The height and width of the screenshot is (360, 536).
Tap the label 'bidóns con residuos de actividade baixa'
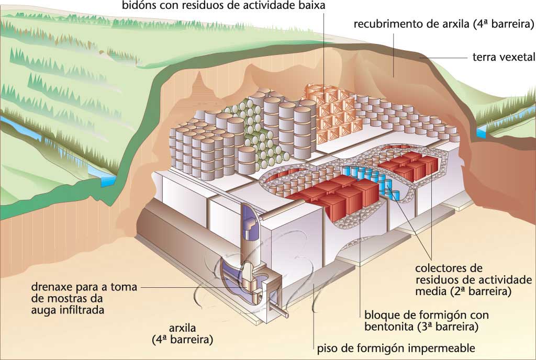point(224,6)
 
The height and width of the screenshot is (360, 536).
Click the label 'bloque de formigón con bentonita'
point(421,321)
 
